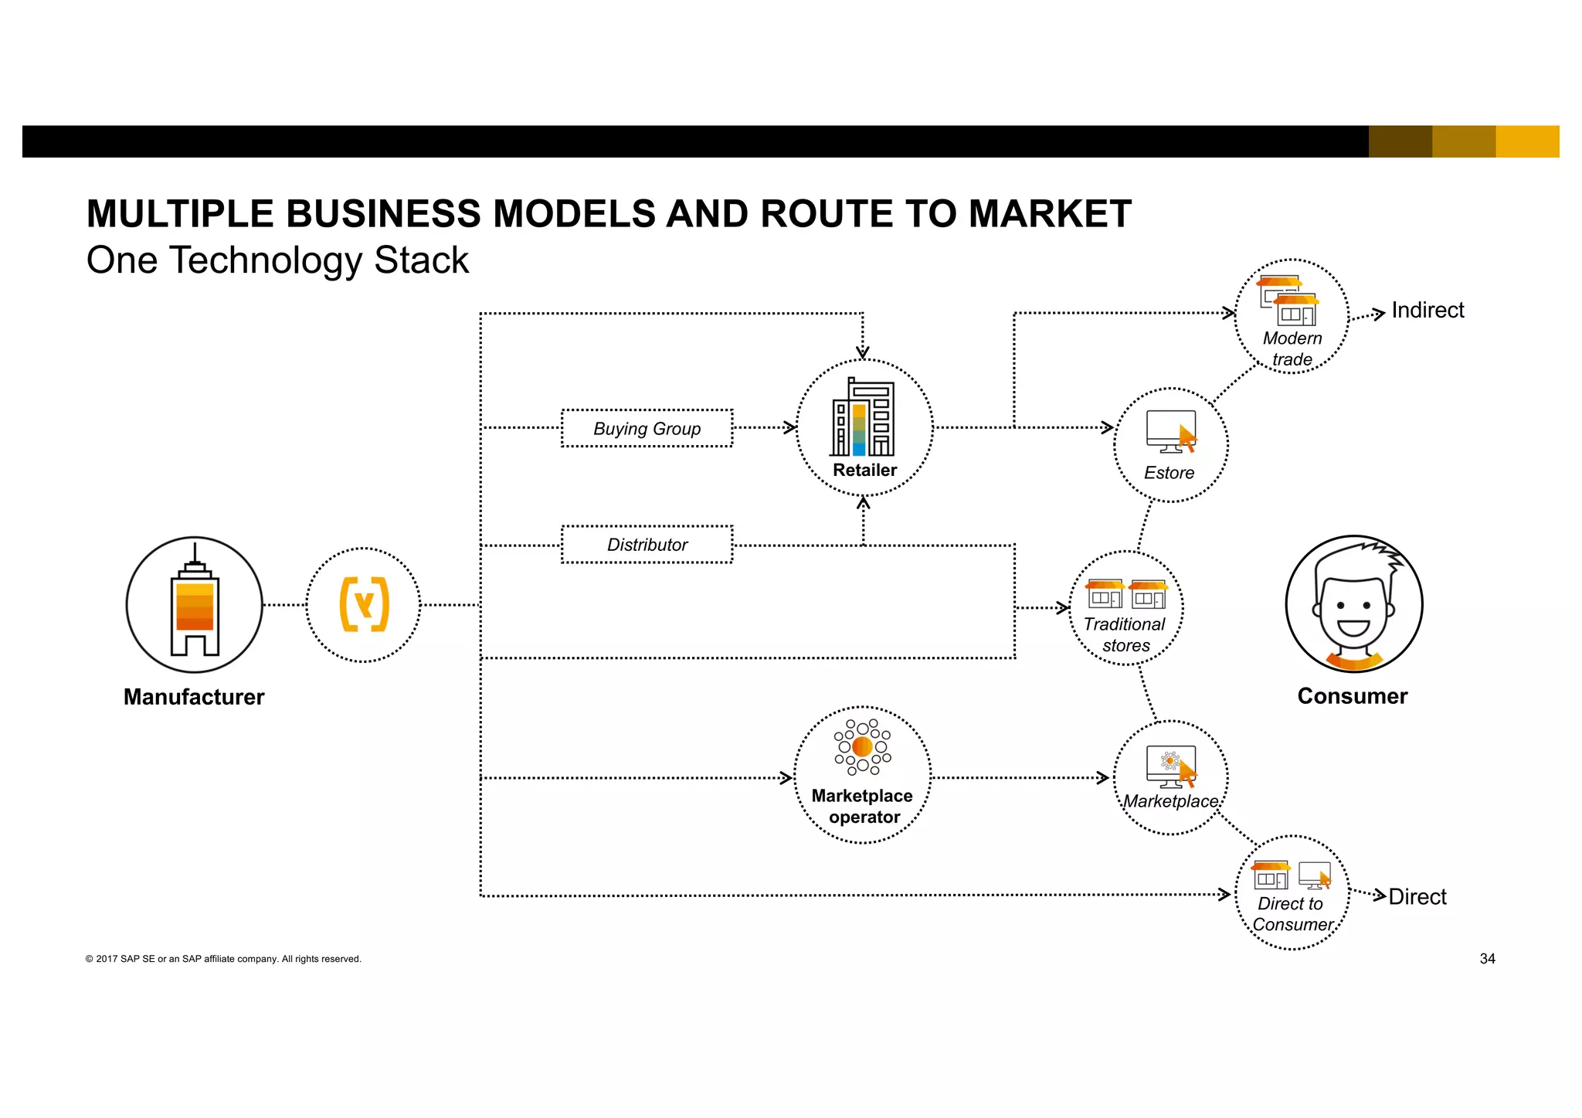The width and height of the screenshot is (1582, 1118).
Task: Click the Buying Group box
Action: [x=647, y=429]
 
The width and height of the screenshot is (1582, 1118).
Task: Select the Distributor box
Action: [x=647, y=545]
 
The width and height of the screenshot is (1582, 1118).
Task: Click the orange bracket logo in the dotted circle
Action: [x=364, y=604]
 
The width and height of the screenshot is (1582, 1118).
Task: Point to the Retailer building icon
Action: [x=863, y=419]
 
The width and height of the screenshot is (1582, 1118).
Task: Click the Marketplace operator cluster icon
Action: [x=862, y=746]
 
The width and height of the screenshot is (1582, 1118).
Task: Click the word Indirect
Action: [x=1427, y=311]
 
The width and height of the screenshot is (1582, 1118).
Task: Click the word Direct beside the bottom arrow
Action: [x=1417, y=897]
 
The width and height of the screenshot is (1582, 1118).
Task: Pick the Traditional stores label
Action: [x=1125, y=634]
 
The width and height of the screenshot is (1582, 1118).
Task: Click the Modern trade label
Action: [x=1292, y=348]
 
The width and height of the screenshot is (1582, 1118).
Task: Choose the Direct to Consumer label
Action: [x=1292, y=914]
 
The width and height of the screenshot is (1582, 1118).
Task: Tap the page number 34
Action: [x=1487, y=959]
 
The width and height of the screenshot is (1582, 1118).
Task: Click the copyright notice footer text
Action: [x=223, y=959]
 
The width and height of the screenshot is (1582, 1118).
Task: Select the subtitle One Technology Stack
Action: [x=277, y=260]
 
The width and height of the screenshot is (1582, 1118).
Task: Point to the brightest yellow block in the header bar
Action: [x=1527, y=141]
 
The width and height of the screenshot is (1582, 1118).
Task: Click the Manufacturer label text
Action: [x=194, y=697]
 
